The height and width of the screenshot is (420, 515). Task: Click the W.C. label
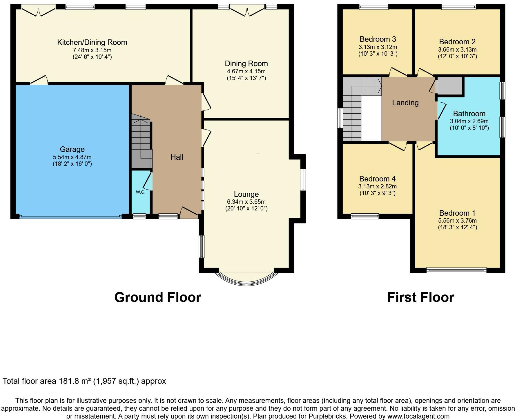point(140,192)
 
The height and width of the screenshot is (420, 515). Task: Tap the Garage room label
point(72,149)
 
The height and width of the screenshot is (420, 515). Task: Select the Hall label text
point(177,157)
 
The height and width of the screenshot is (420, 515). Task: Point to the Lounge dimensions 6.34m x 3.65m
point(246,202)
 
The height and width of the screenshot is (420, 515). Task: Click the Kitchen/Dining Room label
point(92,42)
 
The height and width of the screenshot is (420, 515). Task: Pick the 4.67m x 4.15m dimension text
point(246,71)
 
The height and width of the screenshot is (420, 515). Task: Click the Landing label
point(405,103)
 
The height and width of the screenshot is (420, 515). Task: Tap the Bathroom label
point(469,114)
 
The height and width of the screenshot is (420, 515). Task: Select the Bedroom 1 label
point(457,213)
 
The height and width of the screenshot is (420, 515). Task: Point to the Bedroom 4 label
point(377,179)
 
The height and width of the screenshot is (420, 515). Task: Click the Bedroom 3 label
point(378,39)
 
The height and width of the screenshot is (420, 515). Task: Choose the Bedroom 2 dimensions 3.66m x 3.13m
point(457,50)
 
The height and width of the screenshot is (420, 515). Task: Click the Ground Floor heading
point(158,297)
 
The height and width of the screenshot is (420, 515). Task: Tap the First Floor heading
point(420,297)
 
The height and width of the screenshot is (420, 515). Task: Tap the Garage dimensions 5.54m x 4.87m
point(72,157)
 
